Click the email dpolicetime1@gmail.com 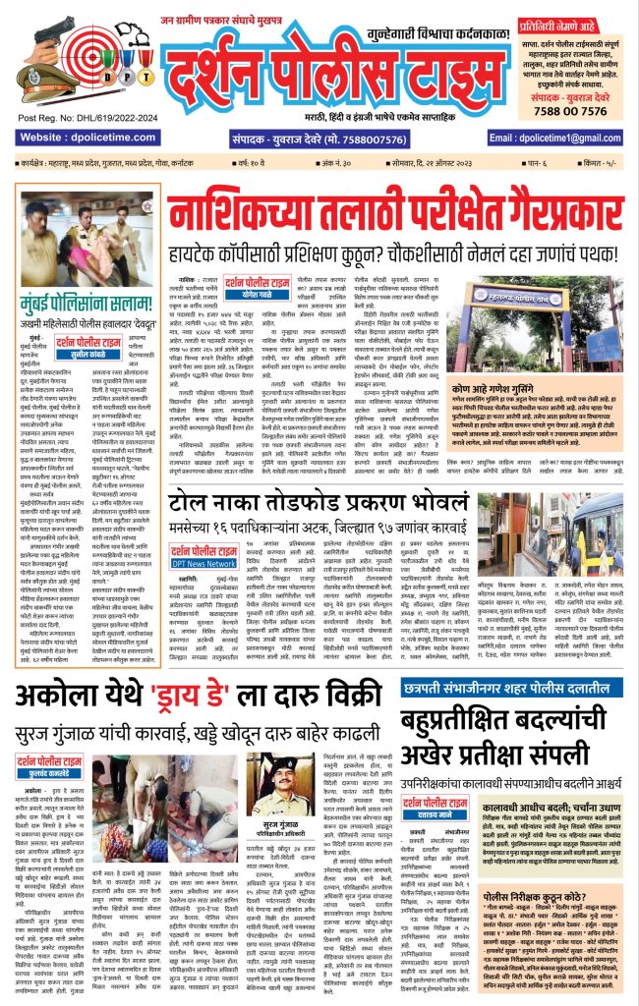[569, 139]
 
